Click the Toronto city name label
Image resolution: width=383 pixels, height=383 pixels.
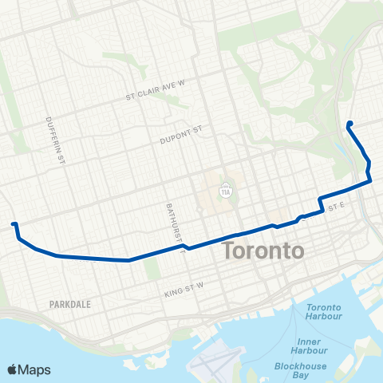(264, 250)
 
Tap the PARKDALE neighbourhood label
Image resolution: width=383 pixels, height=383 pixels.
(71, 304)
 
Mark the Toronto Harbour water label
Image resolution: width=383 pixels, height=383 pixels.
(324, 312)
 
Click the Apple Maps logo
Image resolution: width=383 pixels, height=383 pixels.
(29, 369)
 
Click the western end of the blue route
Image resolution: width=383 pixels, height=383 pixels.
(13, 225)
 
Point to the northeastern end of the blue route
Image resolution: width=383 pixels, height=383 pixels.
(349, 123)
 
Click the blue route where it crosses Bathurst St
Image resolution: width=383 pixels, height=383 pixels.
(188, 247)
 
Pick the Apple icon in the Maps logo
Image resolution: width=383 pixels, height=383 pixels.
(13, 369)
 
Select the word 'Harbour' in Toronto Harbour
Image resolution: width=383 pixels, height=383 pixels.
(324, 317)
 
